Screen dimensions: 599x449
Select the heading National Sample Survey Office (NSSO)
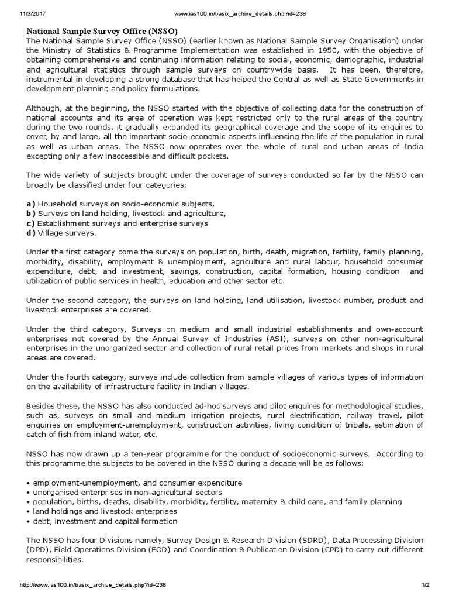[103, 30]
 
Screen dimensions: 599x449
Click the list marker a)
[31, 203]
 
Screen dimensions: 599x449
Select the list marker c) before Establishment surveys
[31, 223]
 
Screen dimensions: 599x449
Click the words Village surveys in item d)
[67, 233]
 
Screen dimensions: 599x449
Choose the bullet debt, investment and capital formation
[102, 521]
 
